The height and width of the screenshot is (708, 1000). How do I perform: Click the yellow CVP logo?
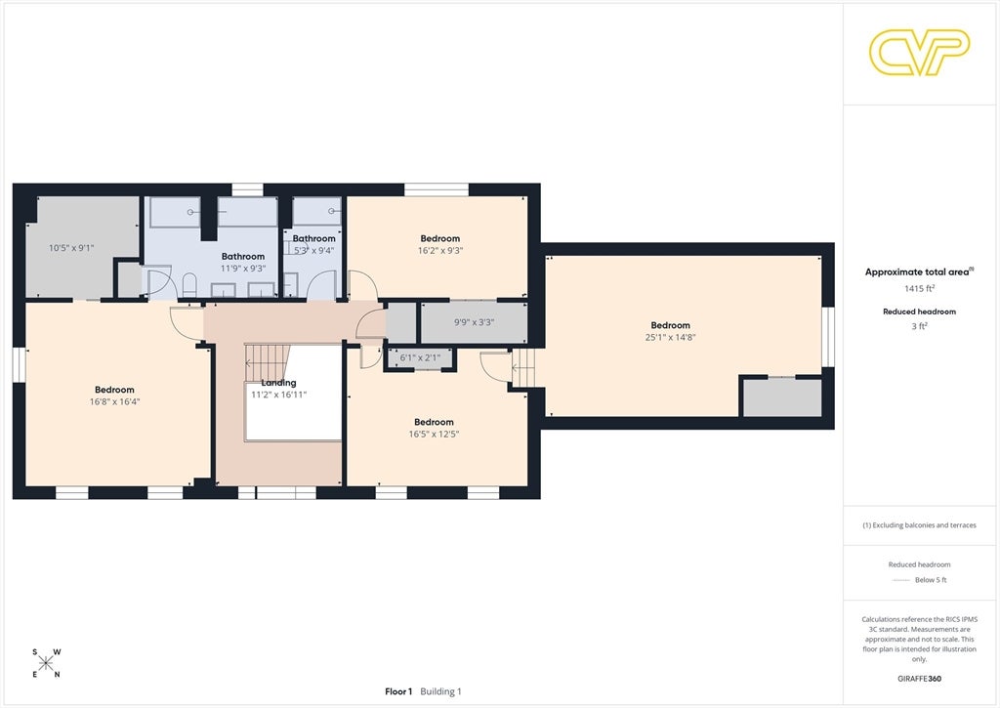click(x=919, y=52)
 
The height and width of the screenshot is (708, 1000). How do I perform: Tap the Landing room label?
click(x=278, y=383)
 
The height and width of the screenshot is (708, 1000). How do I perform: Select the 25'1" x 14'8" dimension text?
click(x=670, y=338)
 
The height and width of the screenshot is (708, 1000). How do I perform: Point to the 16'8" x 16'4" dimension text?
click(x=115, y=401)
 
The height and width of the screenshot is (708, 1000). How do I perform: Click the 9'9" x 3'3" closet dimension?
click(x=474, y=322)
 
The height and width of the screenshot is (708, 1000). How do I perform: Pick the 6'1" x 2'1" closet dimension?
click(x=420, y=357)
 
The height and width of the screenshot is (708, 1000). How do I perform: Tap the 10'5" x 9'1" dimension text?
click(x=71, y=248)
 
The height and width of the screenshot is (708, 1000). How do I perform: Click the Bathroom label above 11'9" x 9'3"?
click(x=243, y=257)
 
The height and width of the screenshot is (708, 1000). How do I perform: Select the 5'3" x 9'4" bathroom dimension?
click(x=313, y=251)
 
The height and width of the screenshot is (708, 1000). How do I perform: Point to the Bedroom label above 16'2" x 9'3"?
click(x=440, y=238)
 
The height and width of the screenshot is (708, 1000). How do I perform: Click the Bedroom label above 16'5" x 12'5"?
click(x=434, y=422)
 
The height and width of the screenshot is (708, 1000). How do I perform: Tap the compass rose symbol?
click(x=46, y=663)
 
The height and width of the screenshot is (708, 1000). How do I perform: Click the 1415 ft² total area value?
click(x=919, y=288)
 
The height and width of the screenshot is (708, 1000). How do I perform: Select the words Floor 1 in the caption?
click(x=398, y=691)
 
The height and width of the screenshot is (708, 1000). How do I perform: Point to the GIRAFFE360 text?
click(x=919, y=679)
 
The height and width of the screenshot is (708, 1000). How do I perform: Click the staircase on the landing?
click(x=267, y=363)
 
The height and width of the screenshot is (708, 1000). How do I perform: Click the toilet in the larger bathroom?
click(x=189, y=285)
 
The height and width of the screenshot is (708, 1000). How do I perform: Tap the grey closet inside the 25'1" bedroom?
click(x=781, y=397)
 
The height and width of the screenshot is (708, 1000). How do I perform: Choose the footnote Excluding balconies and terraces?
click(x=919, y=525)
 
